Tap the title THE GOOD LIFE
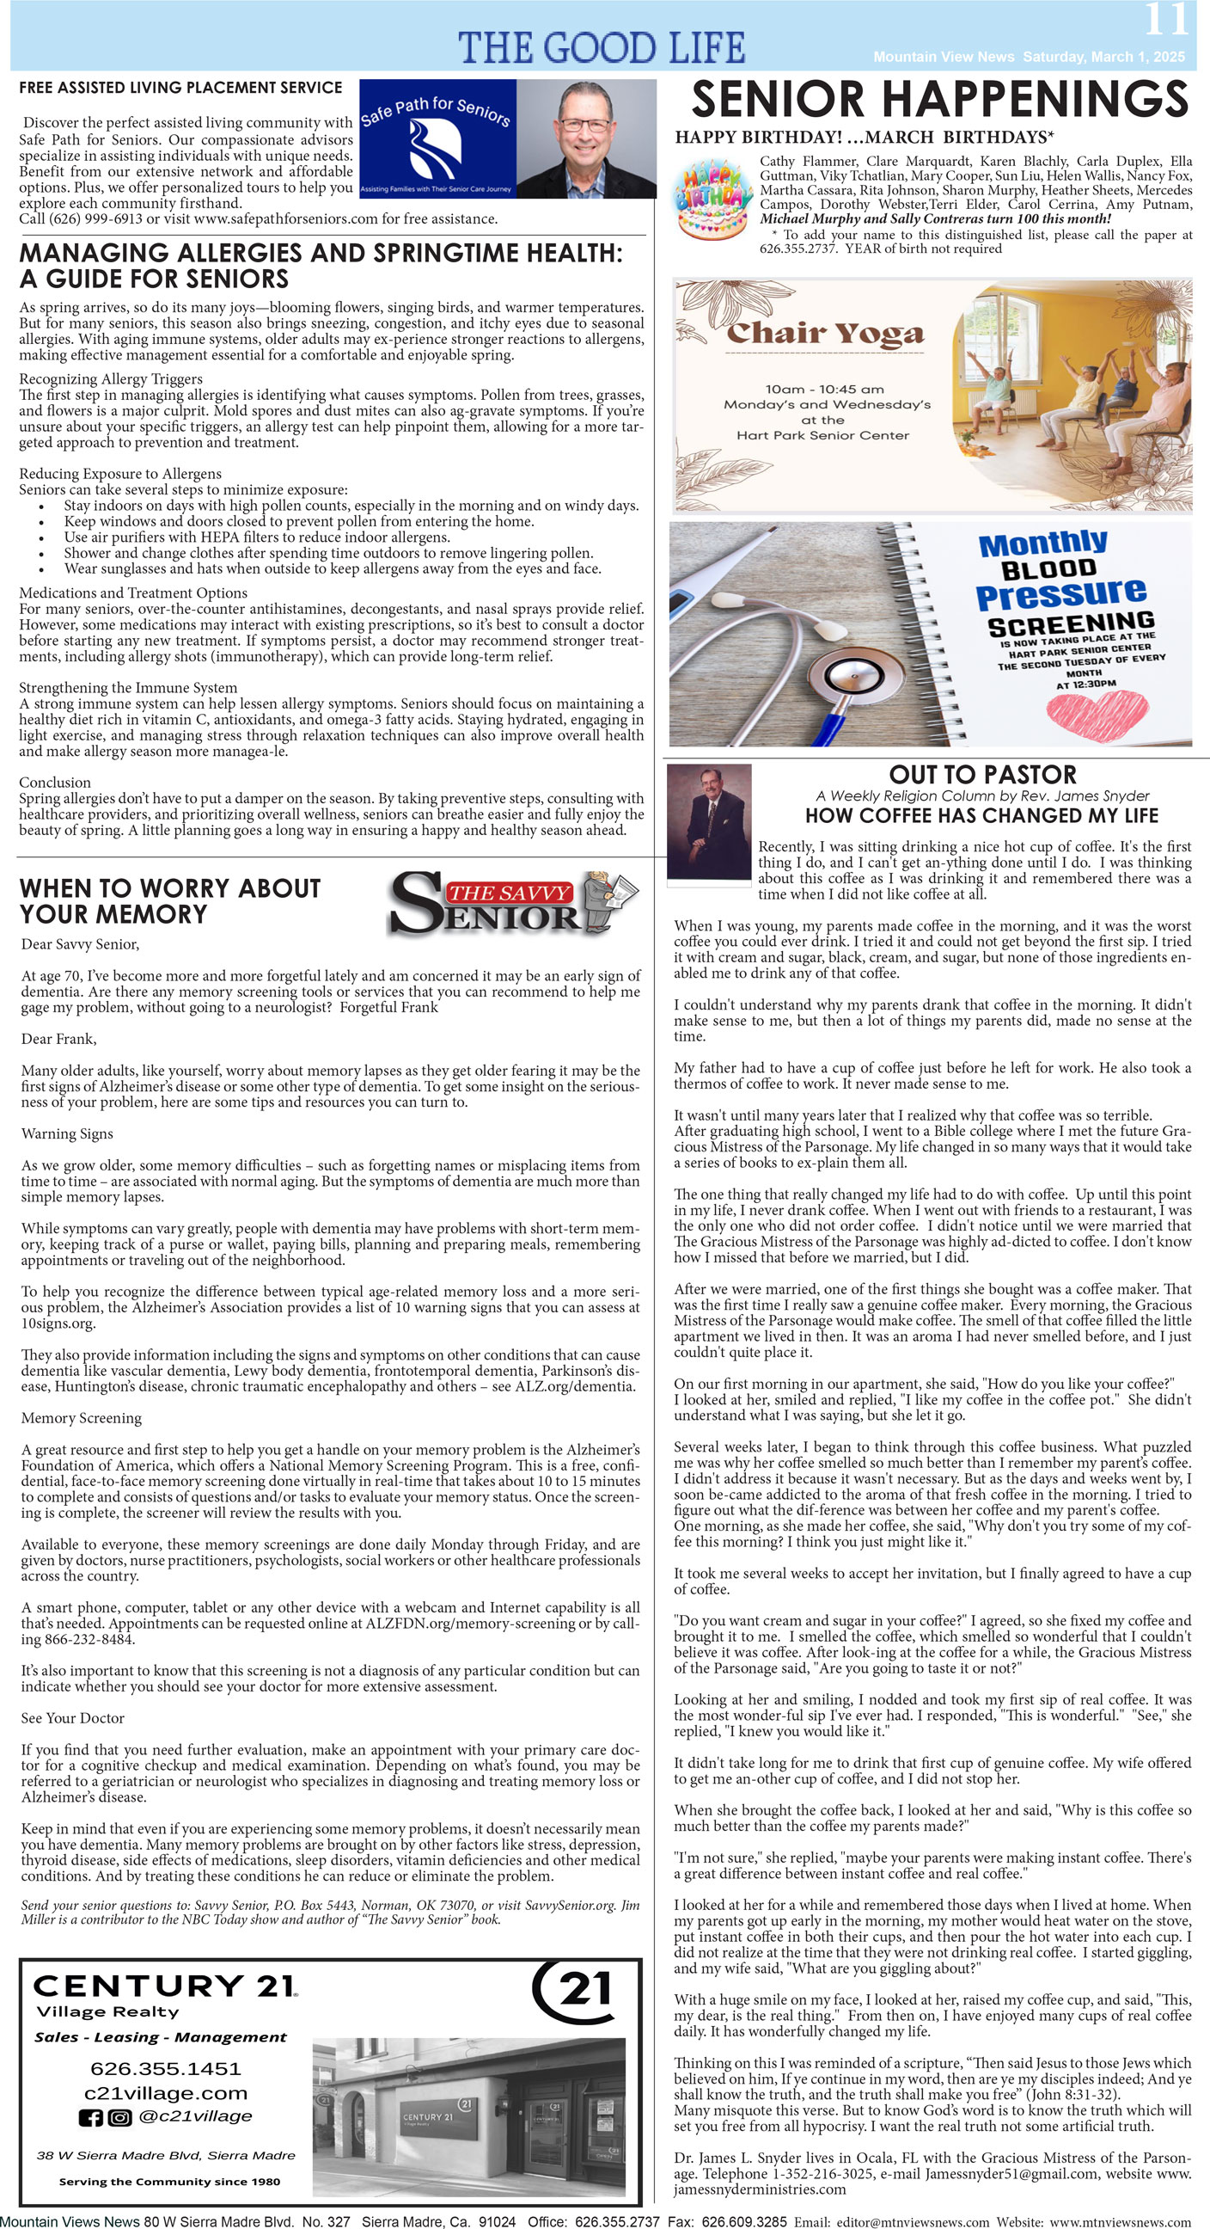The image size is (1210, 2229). point(601,47)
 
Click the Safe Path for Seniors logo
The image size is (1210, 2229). point(437,139)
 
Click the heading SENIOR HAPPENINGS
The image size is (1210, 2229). point(939,99)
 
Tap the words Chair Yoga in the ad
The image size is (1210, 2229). point(826,333)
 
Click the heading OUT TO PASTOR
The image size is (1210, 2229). point(982,775)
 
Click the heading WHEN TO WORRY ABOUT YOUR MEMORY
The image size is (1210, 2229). point(169,900)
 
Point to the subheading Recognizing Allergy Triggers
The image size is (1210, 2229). point(111,379)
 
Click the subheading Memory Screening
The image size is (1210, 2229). point(82,1417)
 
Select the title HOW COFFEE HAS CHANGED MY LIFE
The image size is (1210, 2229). point(981,816)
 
